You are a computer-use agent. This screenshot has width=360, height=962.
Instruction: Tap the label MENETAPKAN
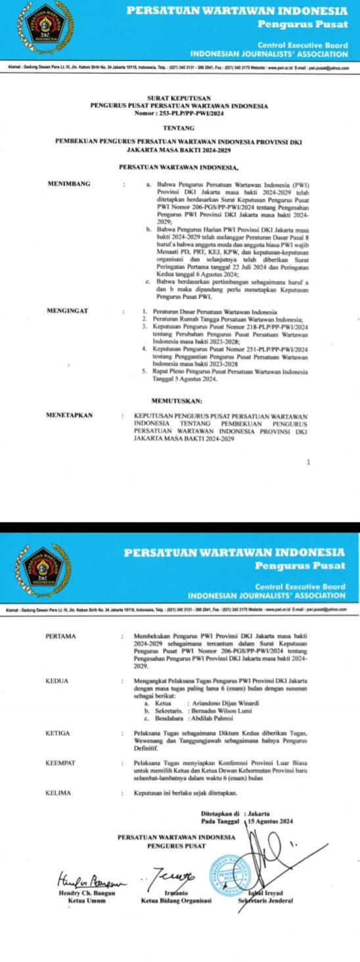tap(70, 415)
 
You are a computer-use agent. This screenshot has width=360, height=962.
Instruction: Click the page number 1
tap(308, 462)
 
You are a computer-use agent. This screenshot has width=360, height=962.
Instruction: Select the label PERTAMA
tap(61, 636)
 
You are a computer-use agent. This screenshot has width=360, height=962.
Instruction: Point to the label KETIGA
tap(58, 732)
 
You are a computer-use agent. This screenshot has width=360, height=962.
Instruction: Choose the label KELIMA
tap(58, 793)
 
